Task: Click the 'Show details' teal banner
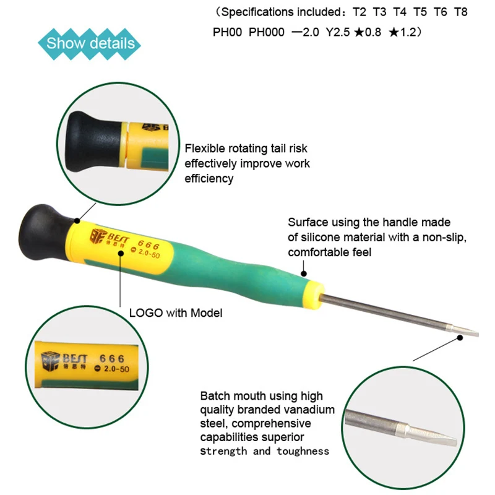89,43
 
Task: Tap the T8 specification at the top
460,12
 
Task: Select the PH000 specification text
267,32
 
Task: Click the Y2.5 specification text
338,32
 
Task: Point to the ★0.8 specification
368,32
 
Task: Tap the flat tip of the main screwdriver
466,332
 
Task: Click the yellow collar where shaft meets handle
314,295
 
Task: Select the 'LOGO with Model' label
176,313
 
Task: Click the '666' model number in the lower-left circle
112,359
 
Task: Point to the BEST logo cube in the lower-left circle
50,361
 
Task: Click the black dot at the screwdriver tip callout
460,338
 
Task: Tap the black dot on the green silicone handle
304,273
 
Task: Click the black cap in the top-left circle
94,142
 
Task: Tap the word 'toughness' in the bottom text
303,451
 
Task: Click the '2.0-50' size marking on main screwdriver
149,253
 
